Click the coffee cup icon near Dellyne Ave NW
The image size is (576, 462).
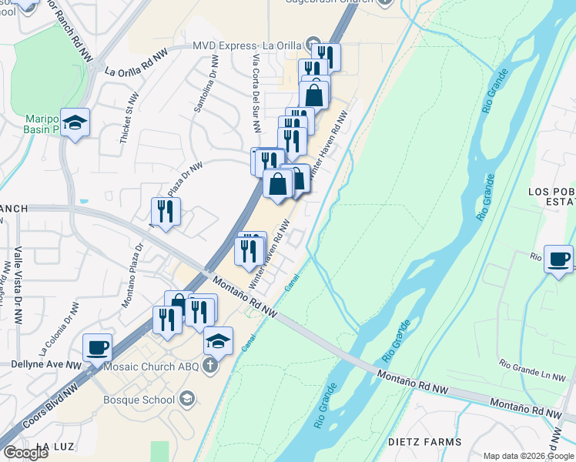97,347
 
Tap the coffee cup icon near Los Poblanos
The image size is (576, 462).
558,258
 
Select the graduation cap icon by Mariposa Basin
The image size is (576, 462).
75,122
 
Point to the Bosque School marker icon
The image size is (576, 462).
186,399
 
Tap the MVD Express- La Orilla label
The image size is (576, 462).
247,45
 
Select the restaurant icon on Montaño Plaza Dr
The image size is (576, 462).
166,209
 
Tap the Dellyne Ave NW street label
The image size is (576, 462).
46,364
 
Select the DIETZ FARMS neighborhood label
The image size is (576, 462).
429,442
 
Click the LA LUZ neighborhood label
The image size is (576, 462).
53,447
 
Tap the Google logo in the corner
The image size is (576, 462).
25,452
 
